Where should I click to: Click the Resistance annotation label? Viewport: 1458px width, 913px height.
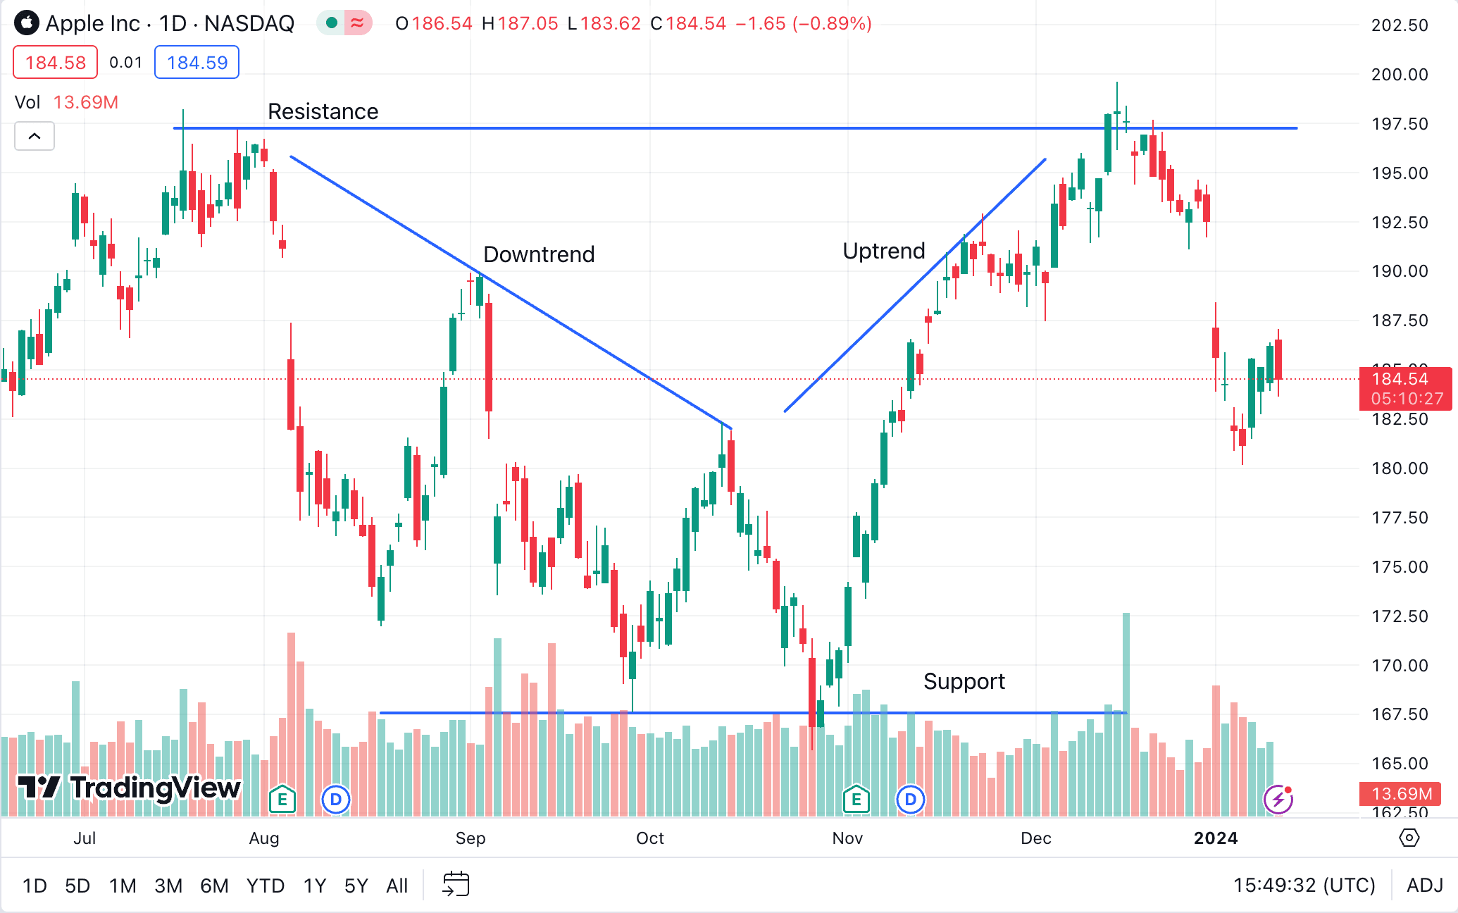[x=323, y=111]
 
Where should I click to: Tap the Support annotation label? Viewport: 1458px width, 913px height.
[x=964, y=681]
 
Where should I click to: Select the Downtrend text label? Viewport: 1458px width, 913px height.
[x=539, y=254]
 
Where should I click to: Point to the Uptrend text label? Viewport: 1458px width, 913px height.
[x=883, y=251]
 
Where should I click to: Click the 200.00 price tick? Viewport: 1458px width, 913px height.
[x=1399, y=75]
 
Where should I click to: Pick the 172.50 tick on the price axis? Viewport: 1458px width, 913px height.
[x=1399, y=616]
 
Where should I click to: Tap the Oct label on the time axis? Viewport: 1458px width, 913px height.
[x=649, y=838]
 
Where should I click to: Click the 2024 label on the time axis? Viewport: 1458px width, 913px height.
[x=1215, y=838]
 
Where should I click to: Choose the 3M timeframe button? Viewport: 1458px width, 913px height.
[x=168, y=886]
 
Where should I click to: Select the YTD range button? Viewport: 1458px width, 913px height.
[x=265, y=886]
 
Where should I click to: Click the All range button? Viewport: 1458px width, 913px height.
[x=397, y=886]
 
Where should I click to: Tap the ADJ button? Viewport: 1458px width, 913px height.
[x=1424, y=886]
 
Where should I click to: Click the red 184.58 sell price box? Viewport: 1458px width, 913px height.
[x=56, y=63]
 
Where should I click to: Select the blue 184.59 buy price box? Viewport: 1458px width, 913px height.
[x=197, y=63]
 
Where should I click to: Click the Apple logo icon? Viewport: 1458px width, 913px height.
[x=27, y=23]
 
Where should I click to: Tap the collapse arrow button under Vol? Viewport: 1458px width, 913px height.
[x=35, y=136]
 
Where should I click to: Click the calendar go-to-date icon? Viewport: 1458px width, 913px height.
[x=456, y=884]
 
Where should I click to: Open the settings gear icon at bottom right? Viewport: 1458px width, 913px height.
[x=1409, y=838]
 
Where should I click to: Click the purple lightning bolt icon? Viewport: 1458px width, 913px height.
[x=1278, y=800]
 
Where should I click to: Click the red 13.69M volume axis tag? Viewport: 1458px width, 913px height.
[x=1400, y=794]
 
